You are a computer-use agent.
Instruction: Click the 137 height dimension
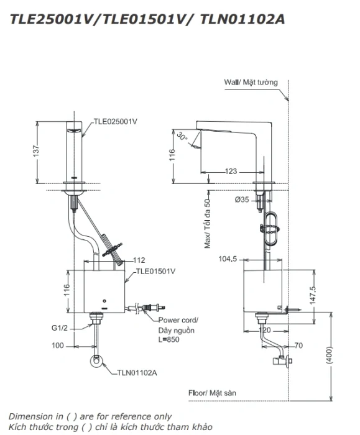click(36, 151)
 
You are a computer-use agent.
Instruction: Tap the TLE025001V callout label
click(115, 122)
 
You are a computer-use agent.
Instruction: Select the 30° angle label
click(182, 136)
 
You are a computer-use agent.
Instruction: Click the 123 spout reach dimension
click(231, 171)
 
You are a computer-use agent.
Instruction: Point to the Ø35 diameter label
click(242, 199)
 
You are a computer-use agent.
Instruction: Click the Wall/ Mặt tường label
click(251, 83)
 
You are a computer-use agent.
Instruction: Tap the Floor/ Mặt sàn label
click(212, 393)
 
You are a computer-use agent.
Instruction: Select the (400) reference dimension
click(329, 355)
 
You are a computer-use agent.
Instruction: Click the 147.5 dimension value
click(313, 295)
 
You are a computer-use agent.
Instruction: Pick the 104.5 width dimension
click(228, 259)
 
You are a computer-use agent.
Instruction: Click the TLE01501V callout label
click(155, 271)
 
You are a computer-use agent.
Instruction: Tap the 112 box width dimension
click(139, 260)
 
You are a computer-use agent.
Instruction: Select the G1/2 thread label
click(60, 327)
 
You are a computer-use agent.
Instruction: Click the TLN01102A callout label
click(137, 373)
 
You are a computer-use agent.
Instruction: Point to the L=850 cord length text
click(168, 339)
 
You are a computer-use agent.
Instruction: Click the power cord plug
click(154, 308)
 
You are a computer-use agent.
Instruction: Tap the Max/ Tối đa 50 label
click(207, 220)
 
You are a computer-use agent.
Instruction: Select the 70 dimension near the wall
click(298, 346)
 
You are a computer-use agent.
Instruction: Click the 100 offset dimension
click(58, 346)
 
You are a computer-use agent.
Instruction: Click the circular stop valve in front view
click(96, 361)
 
